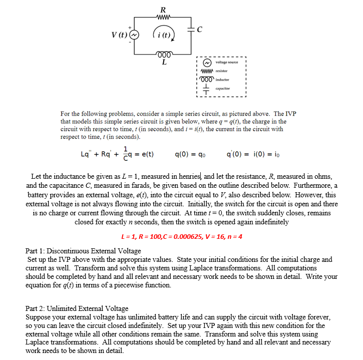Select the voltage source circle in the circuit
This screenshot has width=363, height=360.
(x=133, y=35)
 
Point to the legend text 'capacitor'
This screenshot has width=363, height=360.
(x=222, y=88)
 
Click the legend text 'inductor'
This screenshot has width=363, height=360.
(x=222, y=80)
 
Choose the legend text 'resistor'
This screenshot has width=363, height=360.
(x=222, y=71)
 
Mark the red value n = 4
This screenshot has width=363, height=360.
(x=234, y=236)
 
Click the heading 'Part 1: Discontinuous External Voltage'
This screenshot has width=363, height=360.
(x=83, y=250)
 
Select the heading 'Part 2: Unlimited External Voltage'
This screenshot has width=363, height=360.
(x=77, y=308)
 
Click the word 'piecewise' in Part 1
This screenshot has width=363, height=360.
(x=120, y=285)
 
